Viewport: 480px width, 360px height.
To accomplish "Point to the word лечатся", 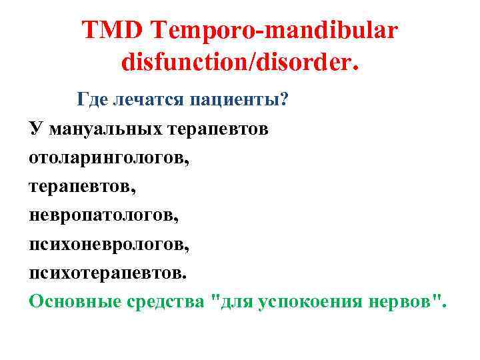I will pos(148,100).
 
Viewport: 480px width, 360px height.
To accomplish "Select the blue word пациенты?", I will pos(238,100).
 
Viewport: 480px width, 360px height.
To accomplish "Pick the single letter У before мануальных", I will pos(35,129).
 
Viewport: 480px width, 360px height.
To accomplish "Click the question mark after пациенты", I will pos(284,100).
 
